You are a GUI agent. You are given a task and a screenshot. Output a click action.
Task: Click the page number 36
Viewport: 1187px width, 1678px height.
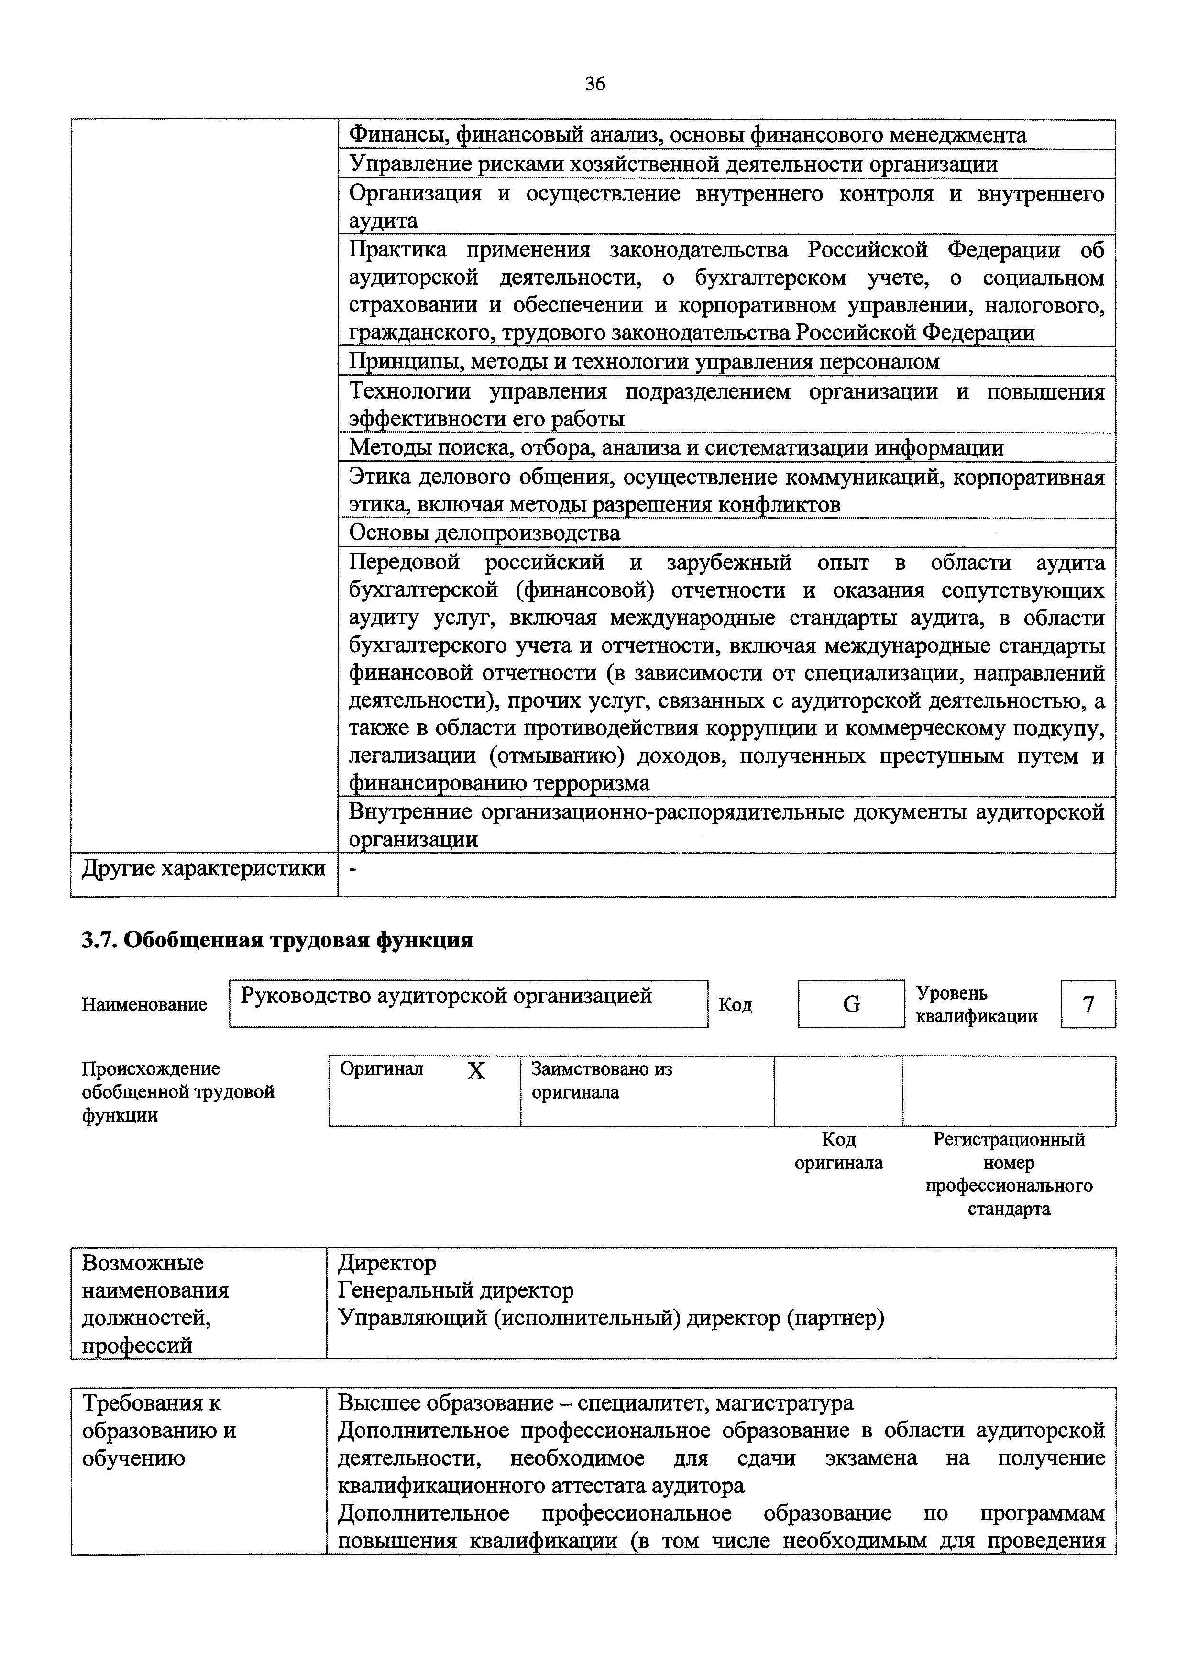coord(595,84)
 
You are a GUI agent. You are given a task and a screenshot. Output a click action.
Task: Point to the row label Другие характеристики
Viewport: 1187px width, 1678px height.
coord(203,868)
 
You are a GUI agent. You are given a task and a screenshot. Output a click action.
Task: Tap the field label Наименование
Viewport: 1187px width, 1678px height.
coord(144,1005)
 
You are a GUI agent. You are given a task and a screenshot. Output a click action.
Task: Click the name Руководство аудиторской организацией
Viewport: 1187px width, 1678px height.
coord(447,996)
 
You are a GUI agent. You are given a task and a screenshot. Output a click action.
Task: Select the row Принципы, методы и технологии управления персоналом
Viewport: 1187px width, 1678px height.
coord(644,362)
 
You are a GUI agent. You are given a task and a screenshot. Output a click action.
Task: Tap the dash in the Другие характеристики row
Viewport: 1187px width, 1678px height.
coord(354,868)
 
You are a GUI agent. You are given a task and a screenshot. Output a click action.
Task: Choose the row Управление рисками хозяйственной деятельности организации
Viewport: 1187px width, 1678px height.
coord(673,164)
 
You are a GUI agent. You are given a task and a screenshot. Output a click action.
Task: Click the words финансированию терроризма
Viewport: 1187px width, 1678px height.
coord(499,783)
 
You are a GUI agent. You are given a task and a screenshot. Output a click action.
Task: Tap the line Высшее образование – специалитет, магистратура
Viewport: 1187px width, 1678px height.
coord(595,1403)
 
